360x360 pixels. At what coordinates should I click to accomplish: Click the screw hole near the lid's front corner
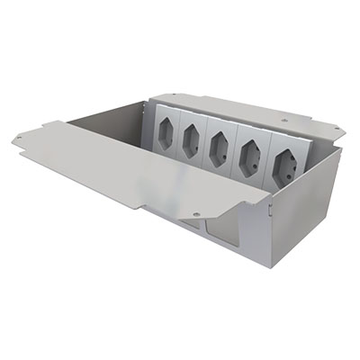(x=196, y=214)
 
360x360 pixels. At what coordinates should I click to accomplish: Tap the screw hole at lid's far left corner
(x=18, y=136)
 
